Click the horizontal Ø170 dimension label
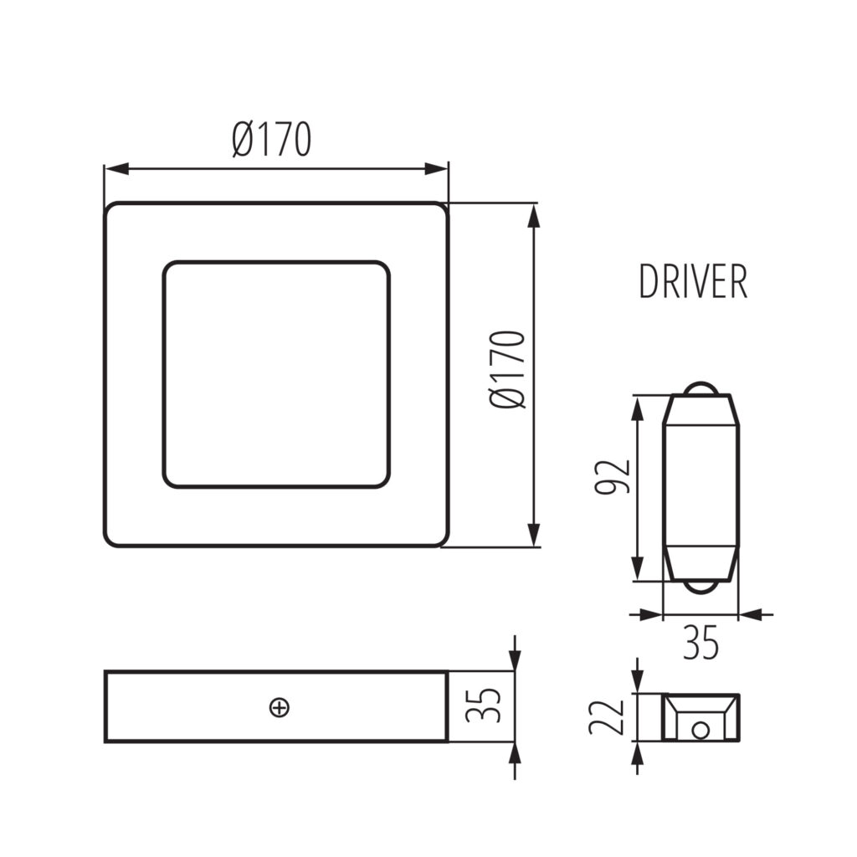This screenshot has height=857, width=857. (272, 140)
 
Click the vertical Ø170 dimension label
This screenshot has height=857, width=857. (508, 369)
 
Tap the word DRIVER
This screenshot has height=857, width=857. (693, 281)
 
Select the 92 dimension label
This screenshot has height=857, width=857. (612, 476)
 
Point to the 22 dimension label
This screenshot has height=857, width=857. (606, 716)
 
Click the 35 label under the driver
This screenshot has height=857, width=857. (700, 643)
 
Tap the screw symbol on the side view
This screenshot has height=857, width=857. (280, 708)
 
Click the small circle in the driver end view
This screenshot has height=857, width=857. (700, 730)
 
